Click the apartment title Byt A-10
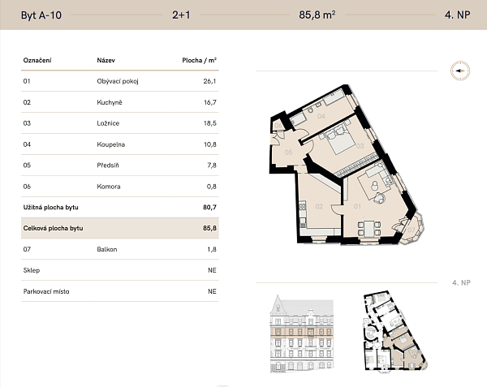(41, 15)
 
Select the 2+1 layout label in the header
(181, 15)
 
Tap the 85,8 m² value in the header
(317, 15)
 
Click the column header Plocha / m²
(199, 60)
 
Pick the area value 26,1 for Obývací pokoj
(209, 81)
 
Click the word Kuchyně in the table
(110, 102)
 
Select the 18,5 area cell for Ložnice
(210, 123)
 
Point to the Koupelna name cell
(111, 144)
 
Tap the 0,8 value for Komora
(212, 187)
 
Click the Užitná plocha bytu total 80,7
(209, 208)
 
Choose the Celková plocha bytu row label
(53, 229)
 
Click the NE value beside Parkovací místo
(212, 291)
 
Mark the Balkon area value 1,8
(212, 249)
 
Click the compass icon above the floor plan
(460, 71)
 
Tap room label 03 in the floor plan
(360, 146)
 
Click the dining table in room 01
(369, 229)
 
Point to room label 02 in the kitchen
(319, 206)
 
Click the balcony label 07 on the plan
(411, 230)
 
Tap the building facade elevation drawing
(302, 333)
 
